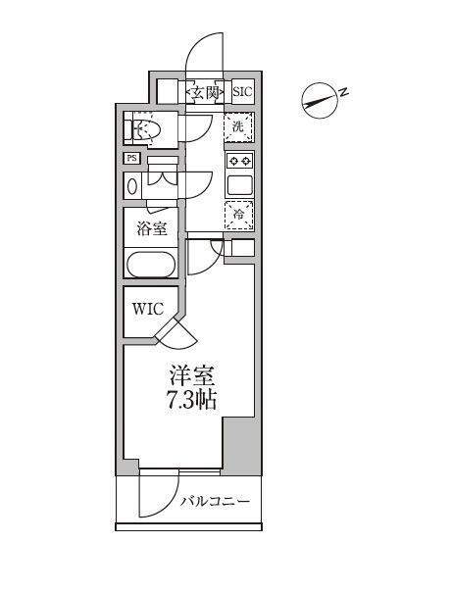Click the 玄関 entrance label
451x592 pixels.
click(x=205, y=92)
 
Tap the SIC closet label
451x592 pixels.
click(x=241, y=92)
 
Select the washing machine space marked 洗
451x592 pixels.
click(x=238, y=126)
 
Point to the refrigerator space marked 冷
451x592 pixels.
click(x=238, y=215)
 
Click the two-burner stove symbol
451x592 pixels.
click(x=239, y=161)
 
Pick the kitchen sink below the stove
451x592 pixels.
click(x=239, y=183)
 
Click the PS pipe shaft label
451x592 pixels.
click(x=131, y=159)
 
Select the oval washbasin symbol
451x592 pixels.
click(x=132, y=186)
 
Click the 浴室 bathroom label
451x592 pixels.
click(x=150, y=229)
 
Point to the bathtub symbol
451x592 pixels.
click(x=150, y=265)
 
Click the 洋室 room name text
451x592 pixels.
click(x=192, y=374)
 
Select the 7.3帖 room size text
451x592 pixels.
click(x=192, y=400)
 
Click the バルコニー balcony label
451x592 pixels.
click(x=215, y=502)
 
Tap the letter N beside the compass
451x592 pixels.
click(x=344, y=91)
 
